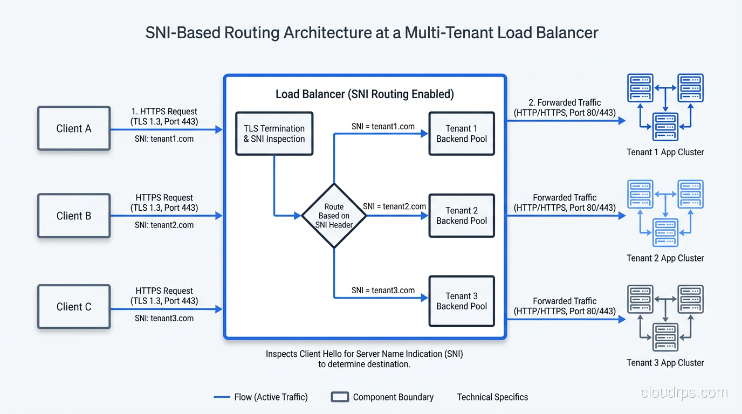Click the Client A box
74,128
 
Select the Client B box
74,216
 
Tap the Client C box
74,307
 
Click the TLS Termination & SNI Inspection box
274,134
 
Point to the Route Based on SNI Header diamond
334,216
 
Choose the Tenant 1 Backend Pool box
462,134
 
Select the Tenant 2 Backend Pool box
462,216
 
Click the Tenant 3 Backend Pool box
462,301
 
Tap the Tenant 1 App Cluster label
665,152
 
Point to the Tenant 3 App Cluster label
665,363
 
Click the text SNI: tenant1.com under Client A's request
164,139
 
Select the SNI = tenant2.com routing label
394,206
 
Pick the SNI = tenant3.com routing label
383,290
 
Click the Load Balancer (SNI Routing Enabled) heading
365,94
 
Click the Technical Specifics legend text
492,397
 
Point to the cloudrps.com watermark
684,393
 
